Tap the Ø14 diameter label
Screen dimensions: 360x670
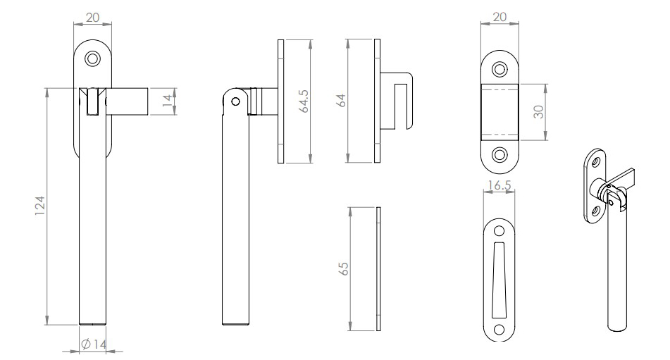(93, 345)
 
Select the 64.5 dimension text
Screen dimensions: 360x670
(304, 101)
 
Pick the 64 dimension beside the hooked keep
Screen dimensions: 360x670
(342, 101)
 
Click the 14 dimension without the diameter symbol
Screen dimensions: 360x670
(167, 100)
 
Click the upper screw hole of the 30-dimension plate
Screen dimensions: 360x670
(500, 69)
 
